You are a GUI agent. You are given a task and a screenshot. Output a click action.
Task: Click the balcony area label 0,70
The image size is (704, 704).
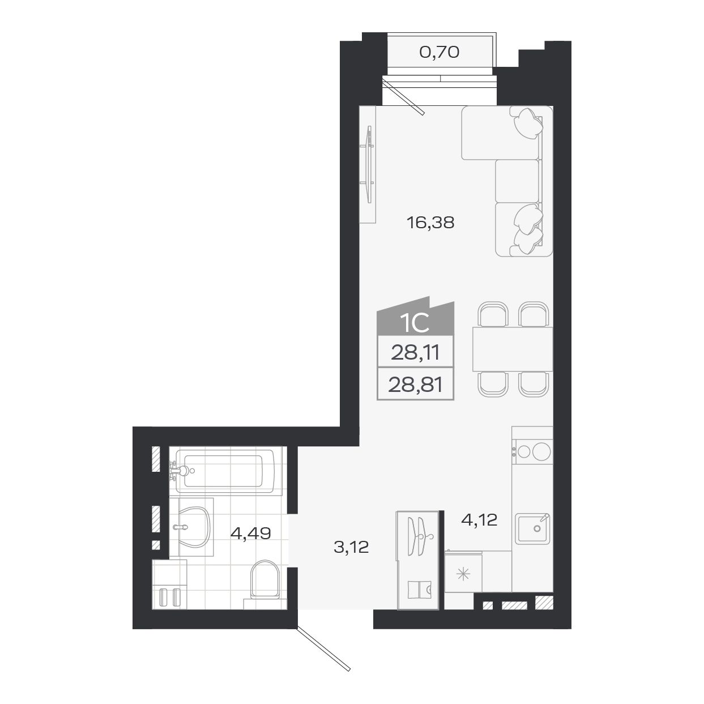coord(439,53)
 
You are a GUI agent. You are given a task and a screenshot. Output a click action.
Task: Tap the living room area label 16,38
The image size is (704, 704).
coord(430,223)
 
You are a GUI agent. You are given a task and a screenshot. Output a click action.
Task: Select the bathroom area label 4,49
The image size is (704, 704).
coord(250,533)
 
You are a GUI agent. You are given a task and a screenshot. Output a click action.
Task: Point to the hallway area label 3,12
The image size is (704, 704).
coord(351,547)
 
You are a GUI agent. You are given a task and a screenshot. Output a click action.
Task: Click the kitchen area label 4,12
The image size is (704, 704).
coord(479,519)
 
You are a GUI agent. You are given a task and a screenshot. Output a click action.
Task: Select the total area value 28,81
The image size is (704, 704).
coord(415,386)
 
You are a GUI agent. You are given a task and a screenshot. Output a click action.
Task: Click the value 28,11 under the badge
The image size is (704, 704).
coord(415,355)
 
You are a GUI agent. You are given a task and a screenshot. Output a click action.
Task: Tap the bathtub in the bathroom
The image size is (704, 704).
coord(227,470)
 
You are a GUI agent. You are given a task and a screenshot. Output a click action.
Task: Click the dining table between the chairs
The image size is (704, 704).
coord(512,349)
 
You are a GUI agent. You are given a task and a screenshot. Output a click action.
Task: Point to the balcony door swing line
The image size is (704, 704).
coord(403,97)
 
